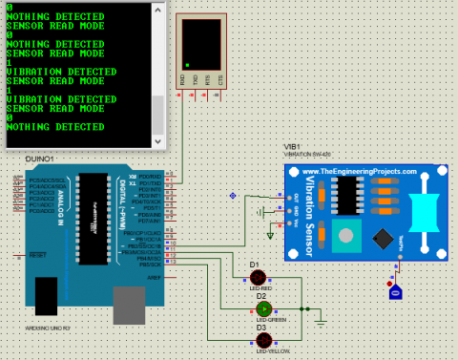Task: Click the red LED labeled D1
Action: [x=255, y=277]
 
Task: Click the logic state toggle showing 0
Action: [x=396, y=293]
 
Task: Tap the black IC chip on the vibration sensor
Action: [x=383, y=237]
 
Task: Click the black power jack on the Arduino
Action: [x=45, y=298]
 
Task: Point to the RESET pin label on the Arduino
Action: [x=37, y=256]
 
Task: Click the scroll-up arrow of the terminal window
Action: [x=158, y=10]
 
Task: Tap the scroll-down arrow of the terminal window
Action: [x=158, y=141]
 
